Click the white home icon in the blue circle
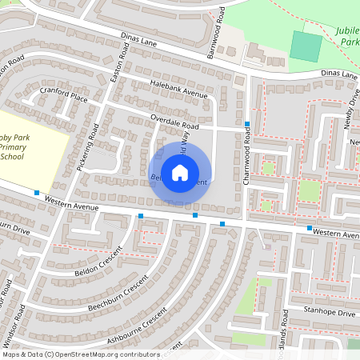click(x=180, y=171)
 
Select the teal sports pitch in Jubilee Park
click(x=305, y=45)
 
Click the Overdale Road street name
click(x=174, y=123)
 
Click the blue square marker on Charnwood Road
click(x=248, y=124)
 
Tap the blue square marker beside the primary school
click(x=37, y=192)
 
